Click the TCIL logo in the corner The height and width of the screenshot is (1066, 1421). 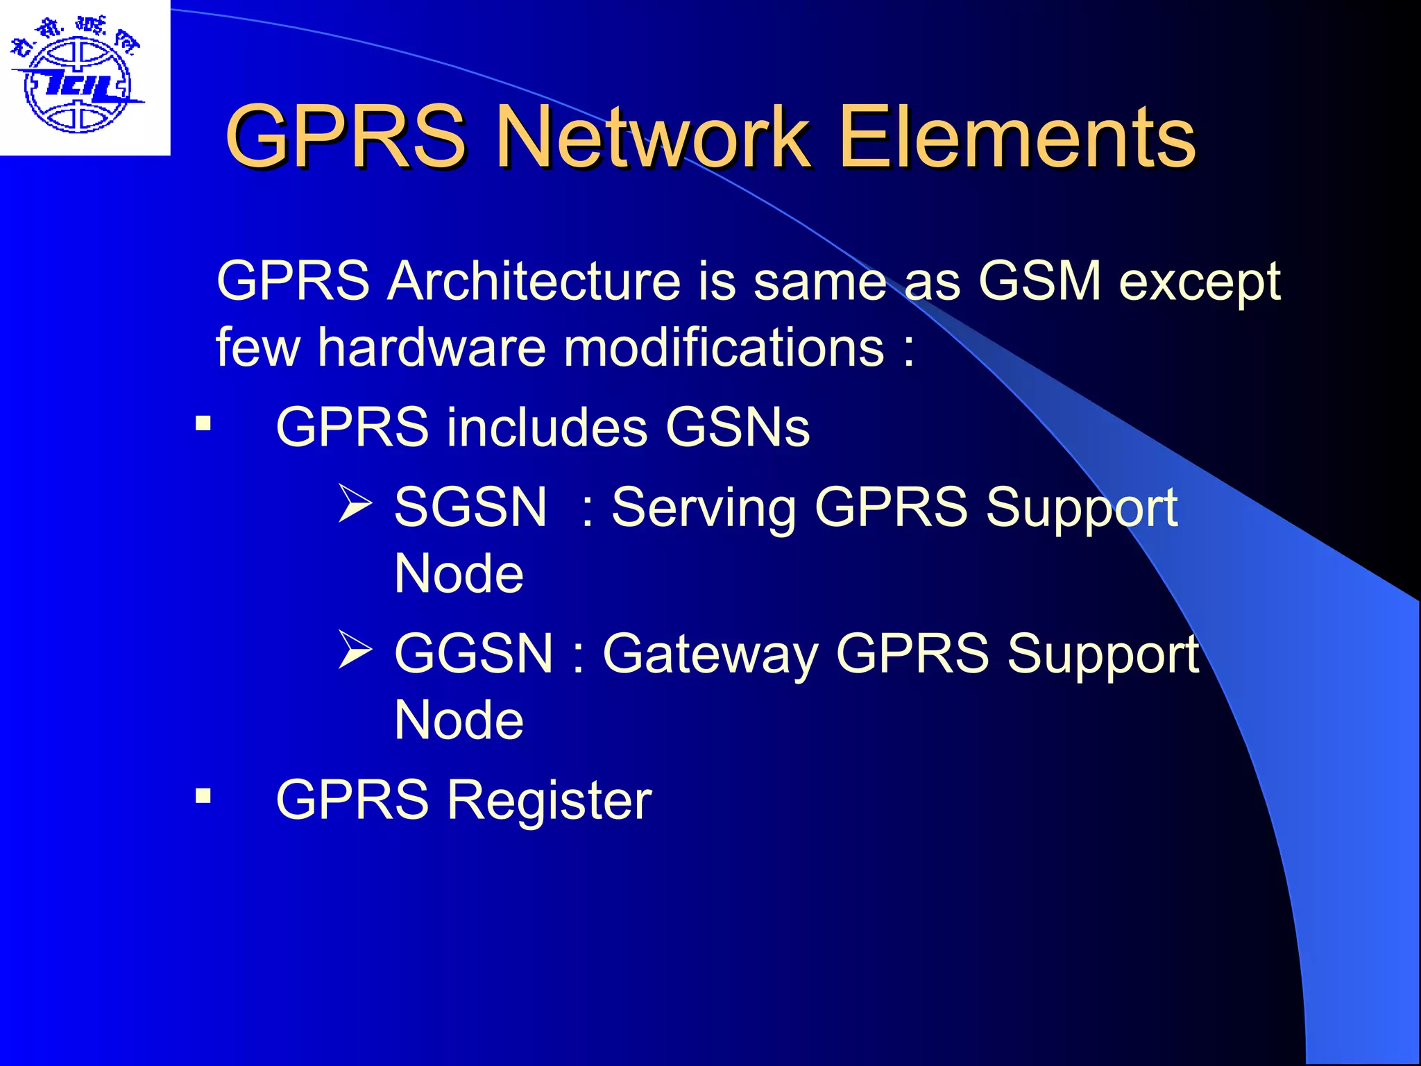pos(78,78)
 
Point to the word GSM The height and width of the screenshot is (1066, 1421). pos(1039,281)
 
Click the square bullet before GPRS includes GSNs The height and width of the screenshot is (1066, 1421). pos(203,423)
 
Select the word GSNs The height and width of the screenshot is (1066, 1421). pos(738,427)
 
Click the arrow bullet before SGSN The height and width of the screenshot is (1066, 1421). pos(355,504)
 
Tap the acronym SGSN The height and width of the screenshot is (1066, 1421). pos(470,507)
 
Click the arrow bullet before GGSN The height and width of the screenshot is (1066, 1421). pos(355,650)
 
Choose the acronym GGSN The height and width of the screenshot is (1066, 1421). pos(474,653)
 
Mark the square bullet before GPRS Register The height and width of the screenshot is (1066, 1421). pos(203,795)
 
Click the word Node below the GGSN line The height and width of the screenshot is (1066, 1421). pos(459,720)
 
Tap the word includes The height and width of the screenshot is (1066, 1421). pos(546,427)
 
